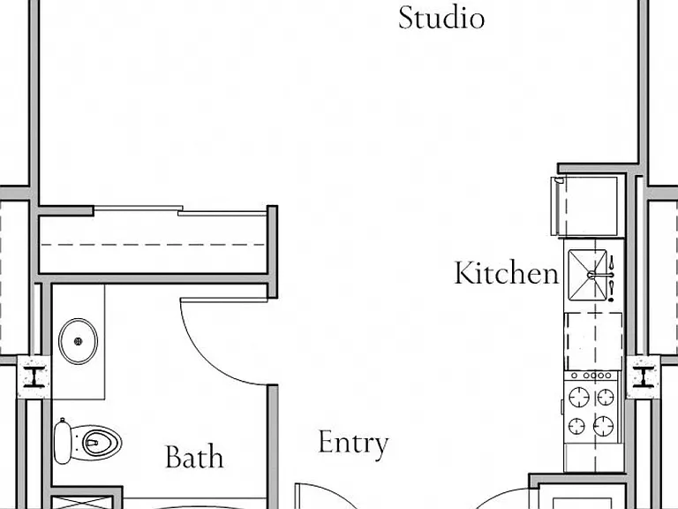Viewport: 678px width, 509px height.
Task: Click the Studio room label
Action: [x=441, y=19]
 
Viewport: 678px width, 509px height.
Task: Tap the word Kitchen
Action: [x=507, y=273]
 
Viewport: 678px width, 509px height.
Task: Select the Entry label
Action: [x=353, y=443]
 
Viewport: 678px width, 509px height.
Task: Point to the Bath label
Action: [x=194, y=457]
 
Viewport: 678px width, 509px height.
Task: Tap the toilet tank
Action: [x=63, y=442]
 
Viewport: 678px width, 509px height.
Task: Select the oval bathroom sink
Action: [x=79, y=341]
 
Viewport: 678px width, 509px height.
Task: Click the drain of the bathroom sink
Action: [x=79, y=341]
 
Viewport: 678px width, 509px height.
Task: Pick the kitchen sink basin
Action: [x=587, y=275]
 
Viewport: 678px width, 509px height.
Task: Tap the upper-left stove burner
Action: [x=579, y=397]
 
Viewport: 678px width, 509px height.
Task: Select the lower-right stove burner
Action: [x=603, y=426]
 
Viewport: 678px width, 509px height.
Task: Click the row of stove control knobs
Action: [x=592, y=376]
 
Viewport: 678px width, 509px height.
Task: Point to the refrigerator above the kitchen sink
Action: [x=584, y=206]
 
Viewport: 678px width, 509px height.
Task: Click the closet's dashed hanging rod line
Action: [x=153, y=245]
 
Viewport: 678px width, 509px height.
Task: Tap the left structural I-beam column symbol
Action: [x=34, y=376]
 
